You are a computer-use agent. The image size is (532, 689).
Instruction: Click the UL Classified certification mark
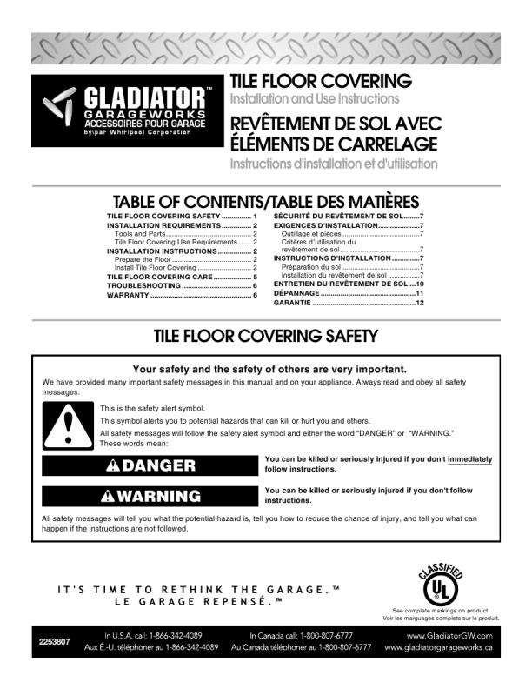click(x=440, y=583)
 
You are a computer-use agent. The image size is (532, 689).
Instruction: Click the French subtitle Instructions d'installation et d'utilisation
click(x=334, y=164)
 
